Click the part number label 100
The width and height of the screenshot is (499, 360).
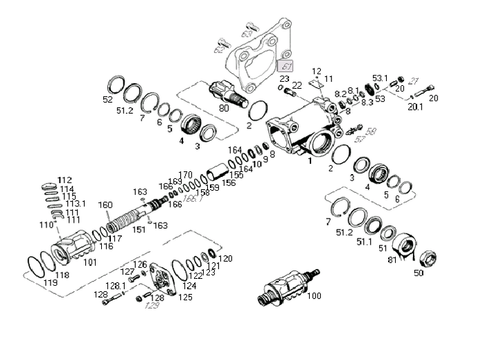pyautogui.click(x=314, y=296)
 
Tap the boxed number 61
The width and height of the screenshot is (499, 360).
pyautogui.click(x=286, y=66)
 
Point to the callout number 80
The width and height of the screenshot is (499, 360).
pyautogui.click(x=224, y=108)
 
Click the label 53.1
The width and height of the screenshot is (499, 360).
pyautogui.click(x=380, y=78)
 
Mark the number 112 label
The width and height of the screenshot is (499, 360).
pyautogui.click(x=64, y=180)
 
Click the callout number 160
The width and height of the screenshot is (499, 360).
pyautogui.click(x=105, y=205)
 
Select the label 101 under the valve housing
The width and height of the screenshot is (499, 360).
pyautogui.click(x=90, y=262)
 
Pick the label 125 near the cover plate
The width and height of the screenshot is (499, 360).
pyautogui.click(x=186, y=297)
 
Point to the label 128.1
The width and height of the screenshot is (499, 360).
pyautogui.click(x=115, y=285)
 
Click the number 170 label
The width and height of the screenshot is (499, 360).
pyautogui.click(x=185, y=175)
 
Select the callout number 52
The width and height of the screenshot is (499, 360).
pyautogui.click(x=107, y=100)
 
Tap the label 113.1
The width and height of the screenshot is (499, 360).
pyautogui.click(x=75, y=204)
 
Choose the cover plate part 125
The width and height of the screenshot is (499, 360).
pyautogui.click(x=165, y=281)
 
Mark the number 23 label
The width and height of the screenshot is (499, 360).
pyautogui.click(x=285, y=78)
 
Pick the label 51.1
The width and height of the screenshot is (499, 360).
pyautogui.click(x=364, y=242)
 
